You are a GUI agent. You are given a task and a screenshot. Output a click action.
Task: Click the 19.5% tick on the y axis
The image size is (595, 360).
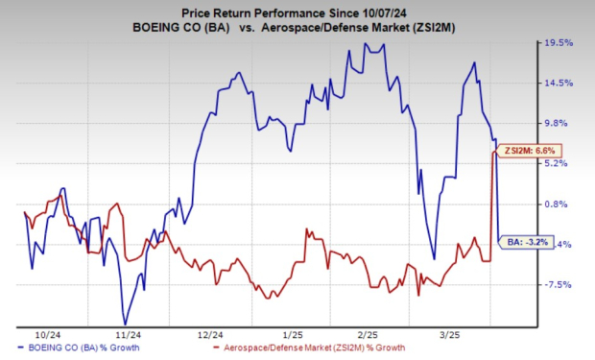point(559,43)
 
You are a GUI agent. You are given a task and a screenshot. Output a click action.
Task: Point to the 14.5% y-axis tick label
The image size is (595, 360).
point(559,83)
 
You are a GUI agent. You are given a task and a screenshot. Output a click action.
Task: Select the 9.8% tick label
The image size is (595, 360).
point(559,123)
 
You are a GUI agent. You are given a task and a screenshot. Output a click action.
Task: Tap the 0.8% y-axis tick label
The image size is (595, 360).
point(559,204)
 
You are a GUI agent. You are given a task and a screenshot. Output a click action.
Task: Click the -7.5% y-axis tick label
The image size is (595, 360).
point(559,284)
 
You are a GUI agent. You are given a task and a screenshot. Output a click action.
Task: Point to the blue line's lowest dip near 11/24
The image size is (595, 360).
point(124,324)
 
